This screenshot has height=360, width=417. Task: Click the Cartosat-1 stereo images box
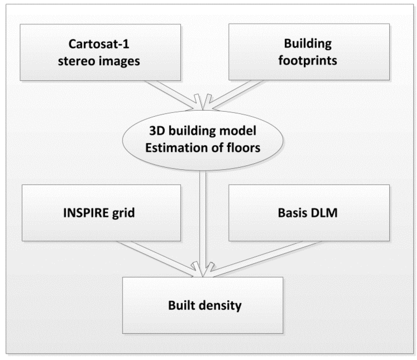[100, 52]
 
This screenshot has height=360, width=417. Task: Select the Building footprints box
[309, 52]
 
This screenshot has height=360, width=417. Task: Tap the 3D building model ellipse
[202, 139]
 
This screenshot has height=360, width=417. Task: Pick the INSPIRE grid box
[101, 213]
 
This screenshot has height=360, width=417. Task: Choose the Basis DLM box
[309, 213]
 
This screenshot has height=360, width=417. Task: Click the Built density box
[202, 305]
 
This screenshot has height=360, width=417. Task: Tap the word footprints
[308, 61]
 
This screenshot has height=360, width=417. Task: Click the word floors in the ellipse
[243, 148]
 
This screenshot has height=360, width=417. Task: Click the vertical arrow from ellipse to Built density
[202, 220]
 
